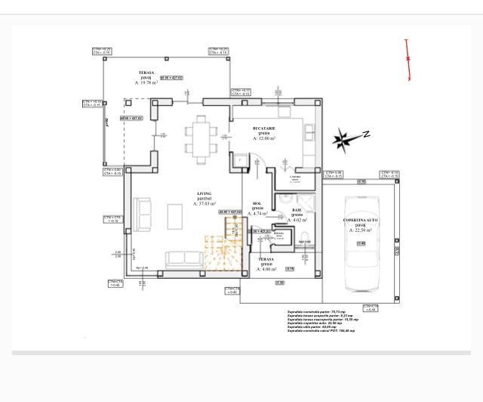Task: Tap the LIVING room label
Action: point(204,193)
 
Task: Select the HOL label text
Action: point(257,203)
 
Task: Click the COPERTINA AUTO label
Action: point(359,220)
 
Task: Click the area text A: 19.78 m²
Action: point(146,83)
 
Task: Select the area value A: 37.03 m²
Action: point(205,204)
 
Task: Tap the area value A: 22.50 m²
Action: point(360,230)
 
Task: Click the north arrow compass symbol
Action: point(343,138)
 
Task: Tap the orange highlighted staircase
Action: point(223,252)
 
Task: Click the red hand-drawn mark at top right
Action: point(408,60)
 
